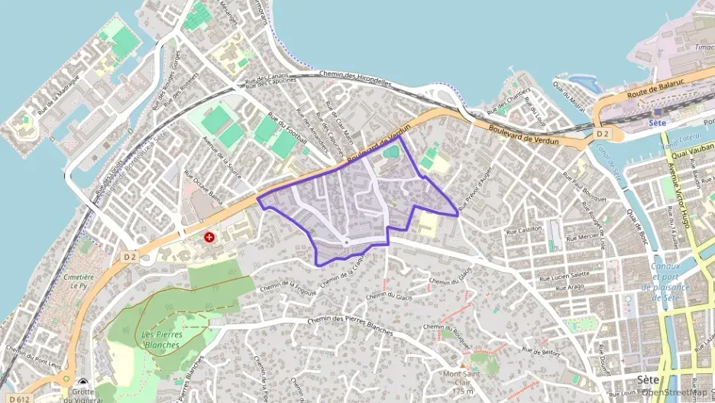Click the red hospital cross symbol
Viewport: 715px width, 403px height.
pos(209,238)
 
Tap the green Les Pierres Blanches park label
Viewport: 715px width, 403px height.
pos(160,340)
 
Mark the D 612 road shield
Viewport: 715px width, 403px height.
pos(21,398)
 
